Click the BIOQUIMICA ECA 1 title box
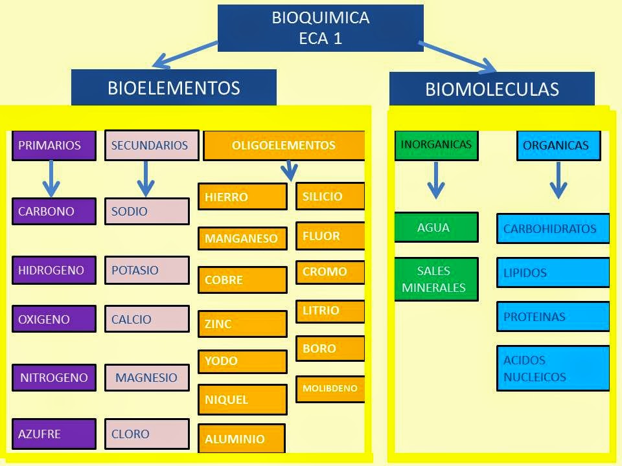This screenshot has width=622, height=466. [321, 28]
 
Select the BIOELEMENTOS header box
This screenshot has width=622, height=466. [174, 87]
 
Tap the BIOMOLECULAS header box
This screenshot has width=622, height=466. [492, 89]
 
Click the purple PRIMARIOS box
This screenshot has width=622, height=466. [54, 146]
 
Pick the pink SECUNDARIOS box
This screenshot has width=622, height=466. [152, 146]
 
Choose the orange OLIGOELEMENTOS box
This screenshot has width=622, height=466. [284, 146]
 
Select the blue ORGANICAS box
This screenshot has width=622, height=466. [559, 146]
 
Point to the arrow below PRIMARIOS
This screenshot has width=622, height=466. [51, 179]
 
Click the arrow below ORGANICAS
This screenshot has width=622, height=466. [559, 180]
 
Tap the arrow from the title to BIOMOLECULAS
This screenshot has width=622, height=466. [457, 56]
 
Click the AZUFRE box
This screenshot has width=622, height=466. [54, 434]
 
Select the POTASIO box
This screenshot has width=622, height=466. [147, 271]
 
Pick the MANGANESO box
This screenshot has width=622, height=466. [243, 239]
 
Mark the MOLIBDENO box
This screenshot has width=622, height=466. [330, 389]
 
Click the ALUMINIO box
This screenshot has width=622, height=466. [242, 438]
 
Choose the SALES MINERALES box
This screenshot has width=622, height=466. [436, 279]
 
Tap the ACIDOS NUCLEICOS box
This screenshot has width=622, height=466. [553, 368]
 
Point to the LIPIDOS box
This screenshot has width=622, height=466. [553, 272]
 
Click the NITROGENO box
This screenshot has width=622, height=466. [54, 377]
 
